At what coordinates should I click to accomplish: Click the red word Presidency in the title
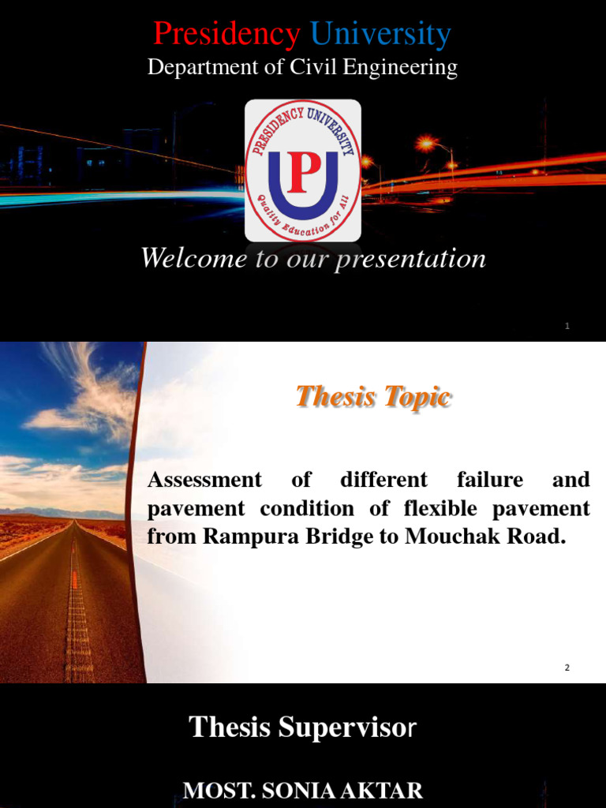tap(226, 35)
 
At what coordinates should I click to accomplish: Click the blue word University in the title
tap(380, 35)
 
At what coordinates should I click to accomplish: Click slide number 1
tap(567, 327)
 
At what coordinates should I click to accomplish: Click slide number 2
tap(567, 668)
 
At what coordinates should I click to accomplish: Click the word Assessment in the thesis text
tap(205, 480)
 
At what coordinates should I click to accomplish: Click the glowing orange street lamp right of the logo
tap(427, 144)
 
